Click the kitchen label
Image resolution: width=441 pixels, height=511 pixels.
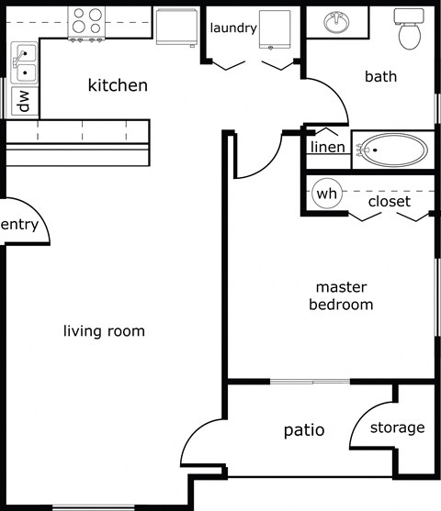(117, 85)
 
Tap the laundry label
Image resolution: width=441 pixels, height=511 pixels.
(232, 28)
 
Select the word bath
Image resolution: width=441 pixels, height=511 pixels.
(380, 76)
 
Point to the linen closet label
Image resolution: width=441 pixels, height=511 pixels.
(327, 147)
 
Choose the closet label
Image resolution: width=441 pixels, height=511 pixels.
(389, 201)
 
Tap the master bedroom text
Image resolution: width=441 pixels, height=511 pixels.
(341, 295)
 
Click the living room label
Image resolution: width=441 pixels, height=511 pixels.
(104, 330)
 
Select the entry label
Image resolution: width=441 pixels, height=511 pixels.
(20, 225)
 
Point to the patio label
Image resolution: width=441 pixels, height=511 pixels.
(303, 428)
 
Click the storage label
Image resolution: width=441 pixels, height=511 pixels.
(397, 428)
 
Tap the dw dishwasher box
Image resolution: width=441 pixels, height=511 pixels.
(22, 100)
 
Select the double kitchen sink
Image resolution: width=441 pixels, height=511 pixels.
(25, 61)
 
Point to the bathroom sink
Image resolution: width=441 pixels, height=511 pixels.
(338, 21)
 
